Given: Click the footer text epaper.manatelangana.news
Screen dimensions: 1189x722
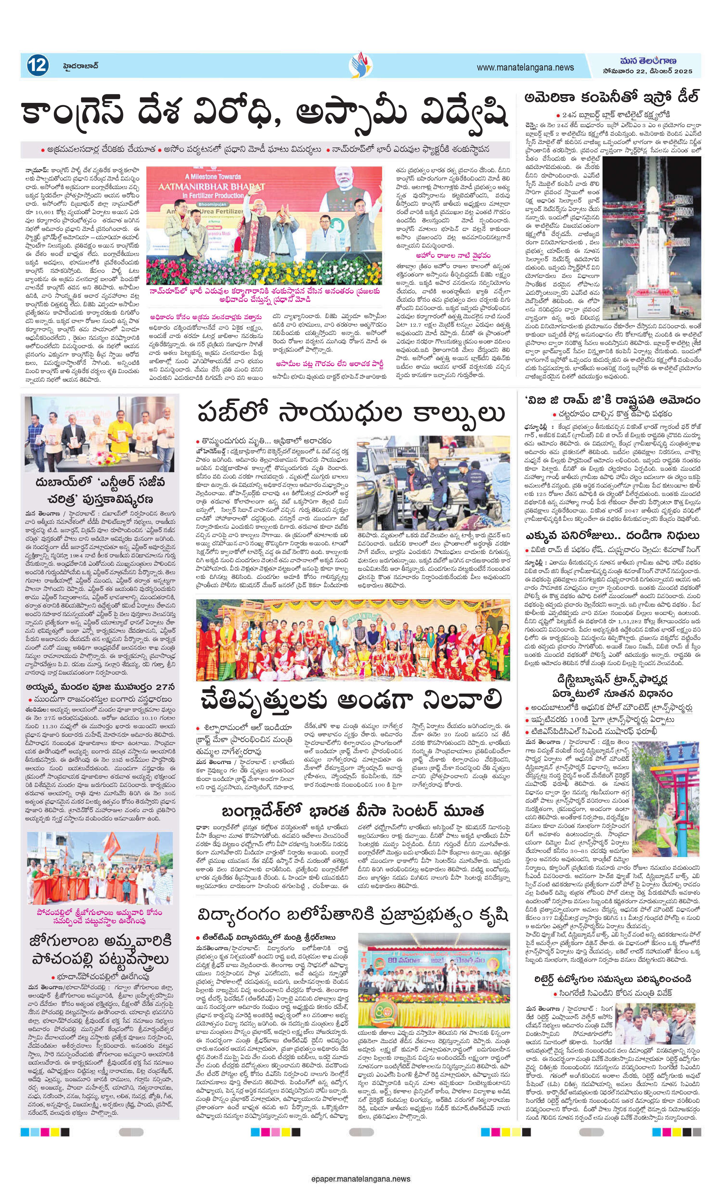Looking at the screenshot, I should click(361, 1176).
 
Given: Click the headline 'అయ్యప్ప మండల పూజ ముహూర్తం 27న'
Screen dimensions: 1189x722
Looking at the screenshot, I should click(100, 687).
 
